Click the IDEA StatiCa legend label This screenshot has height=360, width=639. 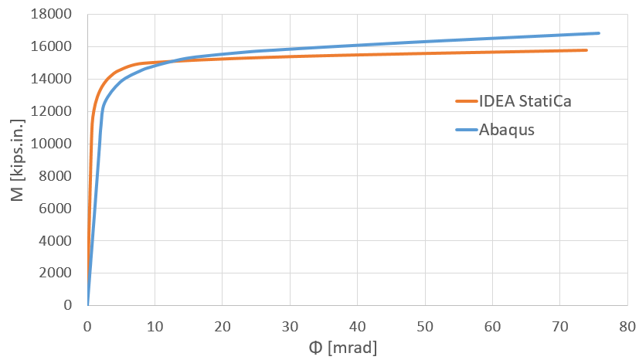coord(525,100)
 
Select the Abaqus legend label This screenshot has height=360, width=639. coord(506,129)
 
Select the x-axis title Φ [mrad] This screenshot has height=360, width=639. coord(342,347)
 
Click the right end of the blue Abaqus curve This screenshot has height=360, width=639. coord(599,33)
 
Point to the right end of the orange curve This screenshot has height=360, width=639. coord(586,50)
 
